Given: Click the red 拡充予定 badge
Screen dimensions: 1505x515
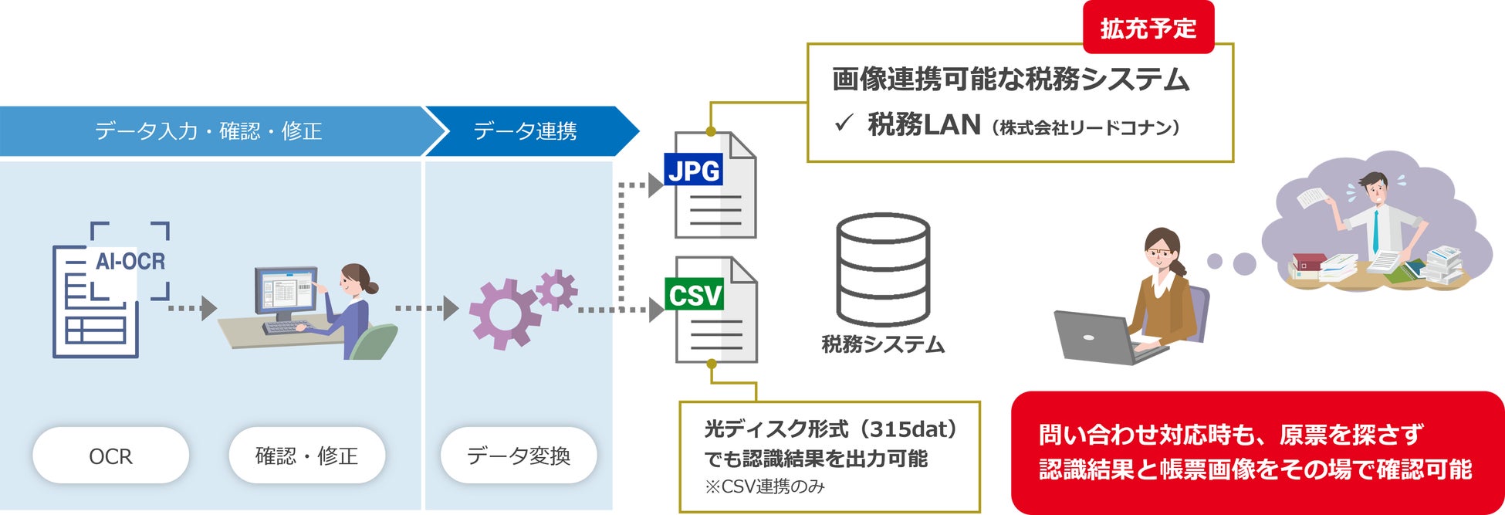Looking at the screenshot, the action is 1148,28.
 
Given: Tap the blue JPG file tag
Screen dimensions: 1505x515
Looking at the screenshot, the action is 693,170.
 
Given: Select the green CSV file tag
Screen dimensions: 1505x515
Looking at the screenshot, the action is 694,294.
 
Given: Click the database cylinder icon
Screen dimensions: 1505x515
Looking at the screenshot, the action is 883,269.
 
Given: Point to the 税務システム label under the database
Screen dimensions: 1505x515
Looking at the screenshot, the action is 883,344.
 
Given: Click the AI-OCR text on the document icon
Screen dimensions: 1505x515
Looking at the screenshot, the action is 130,262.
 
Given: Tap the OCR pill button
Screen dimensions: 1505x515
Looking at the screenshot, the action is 110,456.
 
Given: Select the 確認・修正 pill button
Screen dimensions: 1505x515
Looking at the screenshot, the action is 306,456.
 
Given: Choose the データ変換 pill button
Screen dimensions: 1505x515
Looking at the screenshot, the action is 519,456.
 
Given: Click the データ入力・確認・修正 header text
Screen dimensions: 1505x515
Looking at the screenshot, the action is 208,131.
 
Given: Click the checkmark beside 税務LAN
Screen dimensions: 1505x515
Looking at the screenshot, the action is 844,123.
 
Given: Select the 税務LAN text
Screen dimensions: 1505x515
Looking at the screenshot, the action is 925,124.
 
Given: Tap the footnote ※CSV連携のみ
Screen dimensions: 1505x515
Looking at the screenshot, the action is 764,486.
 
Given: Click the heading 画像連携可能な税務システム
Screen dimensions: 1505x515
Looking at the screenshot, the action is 1010,80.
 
